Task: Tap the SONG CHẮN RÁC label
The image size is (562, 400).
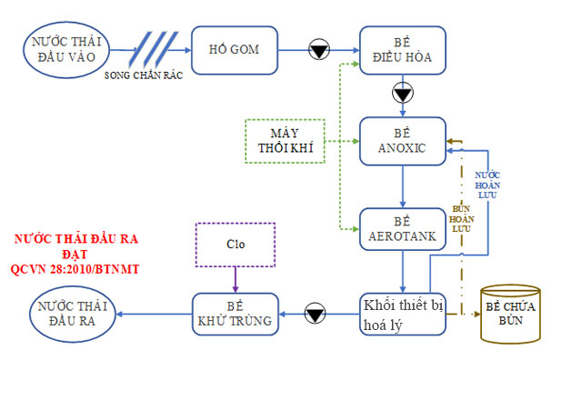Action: click(145, 76)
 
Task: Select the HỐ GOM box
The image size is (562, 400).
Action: click(232, 49)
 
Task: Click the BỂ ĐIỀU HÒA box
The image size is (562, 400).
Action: click(401, 49)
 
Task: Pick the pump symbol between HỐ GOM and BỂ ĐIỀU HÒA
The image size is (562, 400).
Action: click(319, 50)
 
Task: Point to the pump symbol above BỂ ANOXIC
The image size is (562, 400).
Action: click(402, 94)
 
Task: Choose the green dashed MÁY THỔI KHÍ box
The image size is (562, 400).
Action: click(285, 141)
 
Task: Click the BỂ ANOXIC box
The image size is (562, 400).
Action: click(401, 141)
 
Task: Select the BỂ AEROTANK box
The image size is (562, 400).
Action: click(401, 229)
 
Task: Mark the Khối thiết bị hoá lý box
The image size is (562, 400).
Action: click(401, 315)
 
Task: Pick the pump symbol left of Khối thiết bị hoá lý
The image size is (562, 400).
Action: click(316, 315)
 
